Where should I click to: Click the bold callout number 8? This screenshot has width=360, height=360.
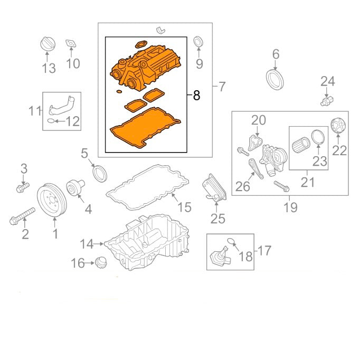click(x=196, y=96)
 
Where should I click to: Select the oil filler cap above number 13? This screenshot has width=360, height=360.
click(x=48, y=44)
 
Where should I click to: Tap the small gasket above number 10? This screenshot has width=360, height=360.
click(x=71, y=44)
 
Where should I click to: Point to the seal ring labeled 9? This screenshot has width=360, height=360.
click(x=198, y=42)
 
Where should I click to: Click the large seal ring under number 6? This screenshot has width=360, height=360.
click(x=275, y=80)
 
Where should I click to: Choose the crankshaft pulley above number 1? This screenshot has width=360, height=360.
click(x=52, y=200)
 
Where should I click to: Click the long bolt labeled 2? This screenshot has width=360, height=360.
click(x=22, y=216)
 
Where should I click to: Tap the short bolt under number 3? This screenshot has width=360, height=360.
click(x=23, y=187)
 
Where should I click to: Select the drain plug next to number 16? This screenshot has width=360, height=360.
click(x=101, y=262)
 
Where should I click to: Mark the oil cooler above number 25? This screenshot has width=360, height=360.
click(x=214, y=188)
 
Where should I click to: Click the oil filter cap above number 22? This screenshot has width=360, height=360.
click(x=338, y=125)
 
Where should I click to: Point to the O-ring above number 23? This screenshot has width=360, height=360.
click(x=318, y=138)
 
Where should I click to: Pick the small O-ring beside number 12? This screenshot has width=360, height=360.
click(x=51, y=121)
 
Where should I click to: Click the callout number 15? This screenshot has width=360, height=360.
click(x=184, y=207)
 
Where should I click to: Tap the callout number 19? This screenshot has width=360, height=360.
click(x=291, y=207)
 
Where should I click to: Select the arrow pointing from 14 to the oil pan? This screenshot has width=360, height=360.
click(x=99, y=243)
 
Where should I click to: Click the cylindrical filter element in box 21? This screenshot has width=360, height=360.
click(x=301, y=145)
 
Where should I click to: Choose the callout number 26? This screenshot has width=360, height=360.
click(x=243, y=186)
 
